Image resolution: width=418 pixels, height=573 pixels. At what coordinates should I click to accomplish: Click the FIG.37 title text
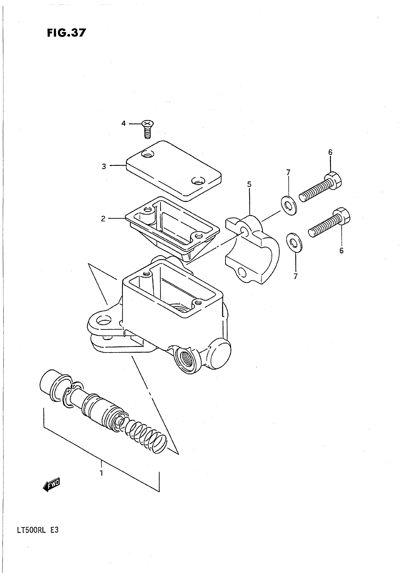[x=67, y=33]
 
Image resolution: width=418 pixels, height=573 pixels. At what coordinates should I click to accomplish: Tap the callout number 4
[x=123, y=123]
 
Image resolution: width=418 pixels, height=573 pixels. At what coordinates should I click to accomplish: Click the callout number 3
[x=104, y=167]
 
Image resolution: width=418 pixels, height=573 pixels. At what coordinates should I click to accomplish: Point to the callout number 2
[x=103, y=219]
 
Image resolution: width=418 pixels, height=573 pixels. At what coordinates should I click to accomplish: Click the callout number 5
[x=249, y=184]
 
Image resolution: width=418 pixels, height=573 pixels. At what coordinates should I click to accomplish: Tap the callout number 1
[x=101, y=473]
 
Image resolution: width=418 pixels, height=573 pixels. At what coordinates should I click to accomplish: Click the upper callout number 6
[x=330, y=152]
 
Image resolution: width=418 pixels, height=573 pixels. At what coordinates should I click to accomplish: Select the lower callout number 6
[x=341, y=251]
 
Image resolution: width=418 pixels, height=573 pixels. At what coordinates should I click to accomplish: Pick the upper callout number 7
[x=288, y=172]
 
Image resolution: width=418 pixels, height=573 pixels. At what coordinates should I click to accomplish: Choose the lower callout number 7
[x=295, y=276]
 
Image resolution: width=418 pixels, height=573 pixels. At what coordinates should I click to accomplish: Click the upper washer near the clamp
[x=289, y=206]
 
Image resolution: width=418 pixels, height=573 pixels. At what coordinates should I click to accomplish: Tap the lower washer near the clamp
[x=294, y=243]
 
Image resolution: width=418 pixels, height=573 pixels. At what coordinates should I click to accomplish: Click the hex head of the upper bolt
[x=334, y=180]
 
